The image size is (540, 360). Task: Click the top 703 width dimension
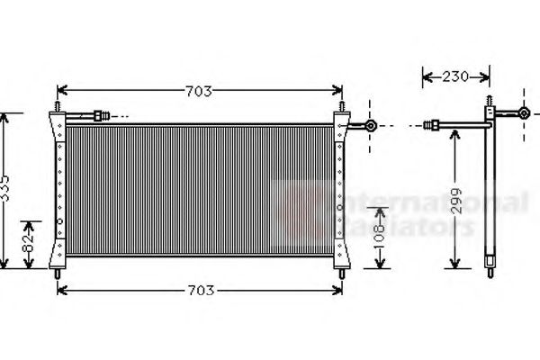198,91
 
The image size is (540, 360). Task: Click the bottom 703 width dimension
201,290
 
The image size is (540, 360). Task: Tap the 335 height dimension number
7,191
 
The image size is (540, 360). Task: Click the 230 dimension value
455,77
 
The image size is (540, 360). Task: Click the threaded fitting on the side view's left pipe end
435,126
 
